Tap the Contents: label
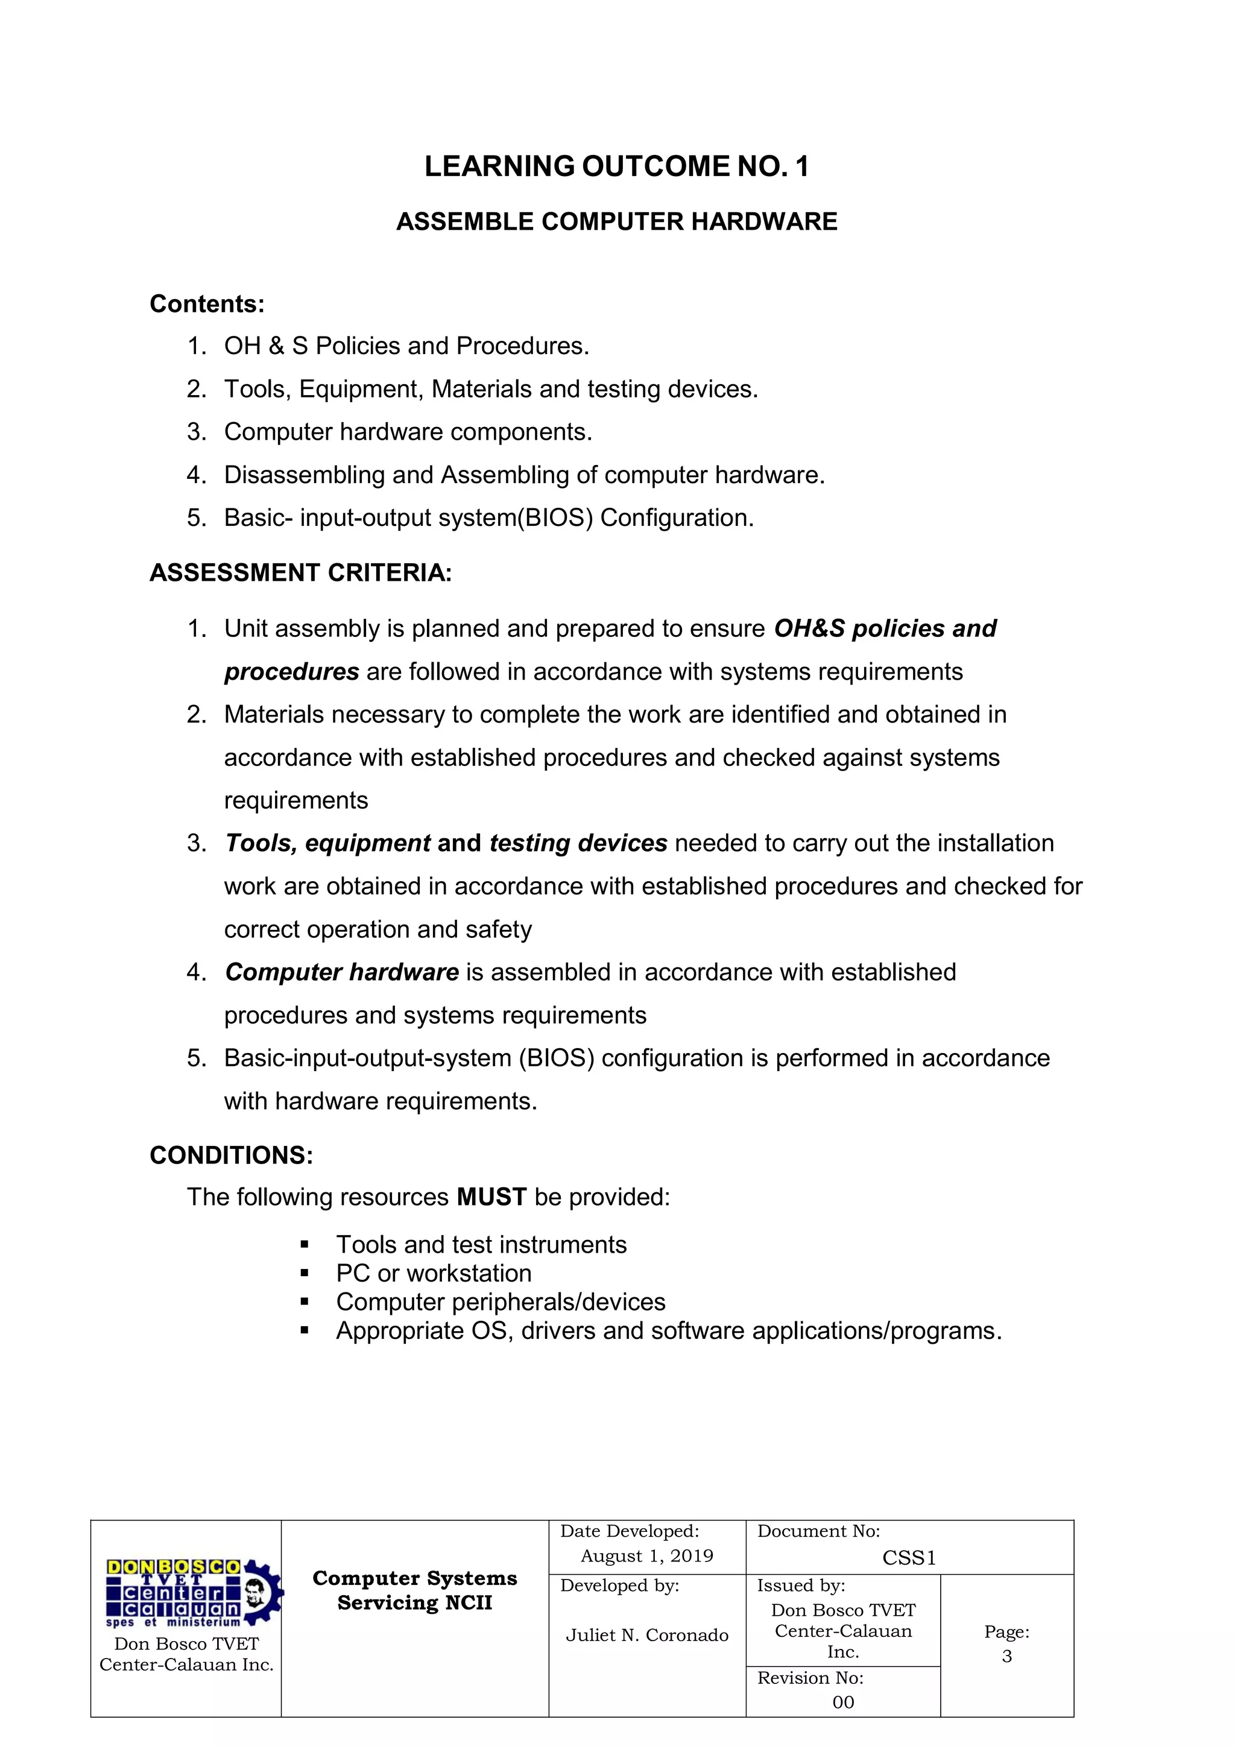[207, 304]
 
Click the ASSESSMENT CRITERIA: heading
[300, 572]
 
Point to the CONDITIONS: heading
[231, 1155]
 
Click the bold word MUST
[491, 1197]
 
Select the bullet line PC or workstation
[434, 1273]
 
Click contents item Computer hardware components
[408, 432]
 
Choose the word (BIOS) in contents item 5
[555, 518]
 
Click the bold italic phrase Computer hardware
[341, 972]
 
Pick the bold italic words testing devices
[578, 843]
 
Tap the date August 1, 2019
[646, 1556]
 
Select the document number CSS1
[909, 1558]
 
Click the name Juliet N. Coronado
[646, 1635]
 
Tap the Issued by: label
[801, 1586]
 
